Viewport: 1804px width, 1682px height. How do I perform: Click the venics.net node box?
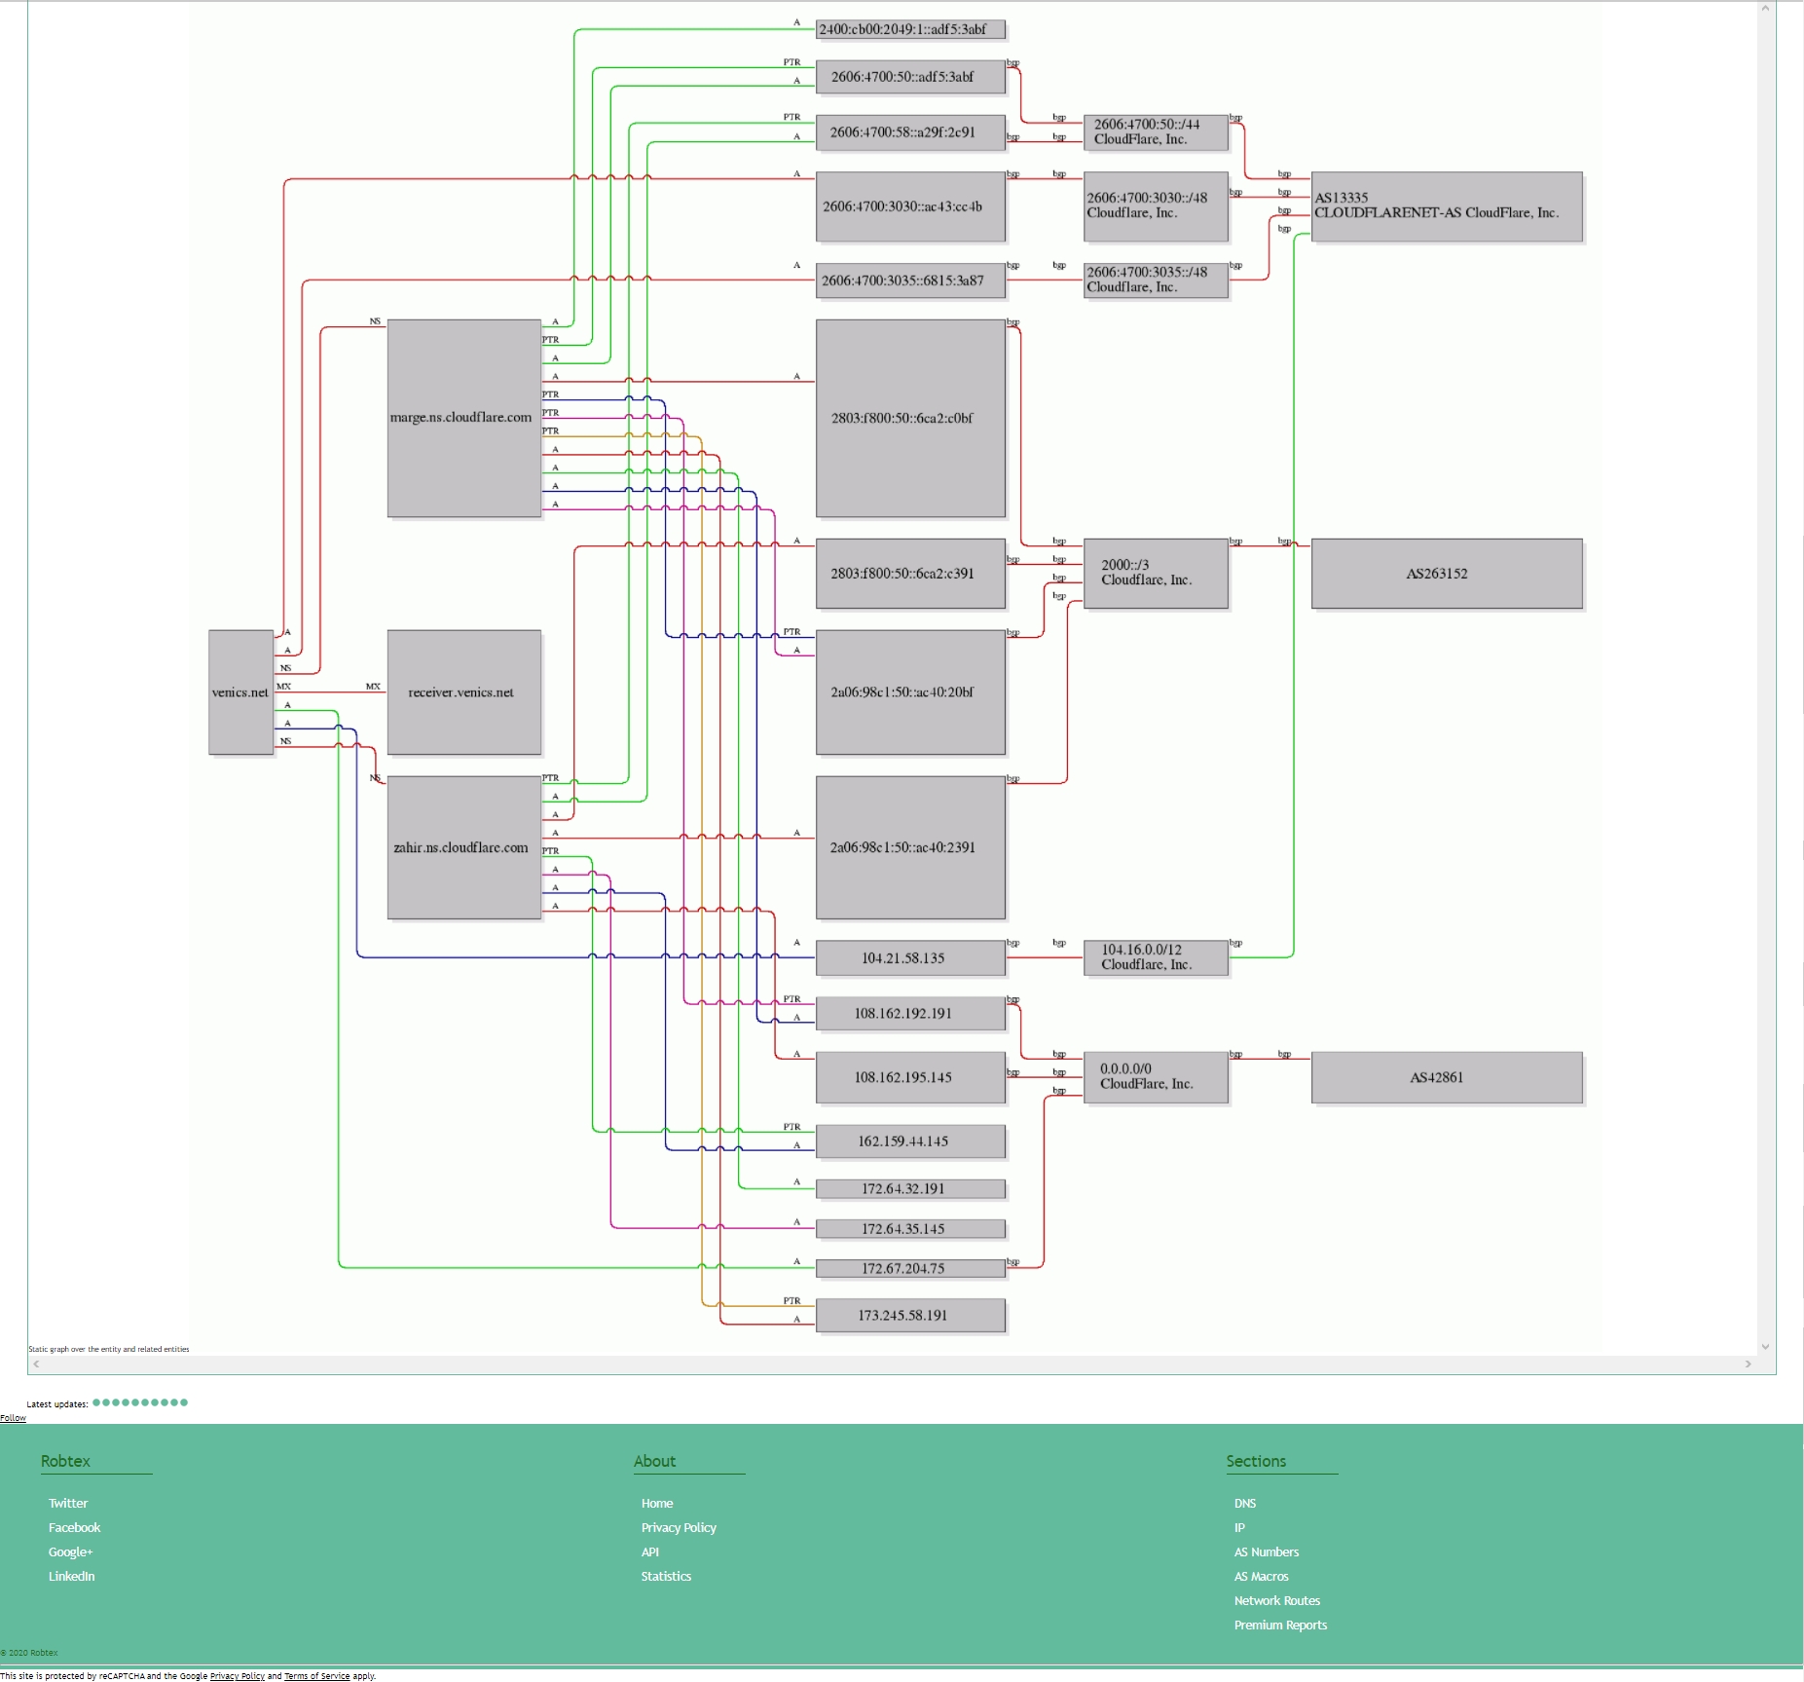point(240,692)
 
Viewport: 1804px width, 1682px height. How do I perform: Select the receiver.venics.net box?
point(463,692)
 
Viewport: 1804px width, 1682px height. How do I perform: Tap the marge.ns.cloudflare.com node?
point(463,418)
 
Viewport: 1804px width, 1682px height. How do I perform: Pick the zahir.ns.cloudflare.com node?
point(463,847)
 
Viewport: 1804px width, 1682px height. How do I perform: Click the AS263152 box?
point(1446,574)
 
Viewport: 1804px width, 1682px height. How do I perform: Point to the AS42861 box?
point(1446,1077)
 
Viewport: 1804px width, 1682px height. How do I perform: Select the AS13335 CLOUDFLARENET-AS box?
point(1446,206)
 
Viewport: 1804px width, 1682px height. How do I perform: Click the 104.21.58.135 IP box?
point(909,958)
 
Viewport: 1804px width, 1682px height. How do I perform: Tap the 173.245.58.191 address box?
point(909,1316)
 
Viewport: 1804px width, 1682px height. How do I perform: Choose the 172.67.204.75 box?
point(909,1268)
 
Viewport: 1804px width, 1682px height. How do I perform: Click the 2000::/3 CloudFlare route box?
point(1155,573)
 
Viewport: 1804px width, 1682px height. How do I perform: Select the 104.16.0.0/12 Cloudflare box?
point(1155,957)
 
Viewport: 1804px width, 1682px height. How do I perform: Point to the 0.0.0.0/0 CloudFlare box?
point(1155,1076)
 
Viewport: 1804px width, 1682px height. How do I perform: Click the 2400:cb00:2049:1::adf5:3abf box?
point(909,29)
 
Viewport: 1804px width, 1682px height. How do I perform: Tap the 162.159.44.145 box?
point(909,1141)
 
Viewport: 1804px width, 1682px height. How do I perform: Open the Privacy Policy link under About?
point(679,1527)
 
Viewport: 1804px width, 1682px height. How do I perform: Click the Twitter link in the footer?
point(68,1503)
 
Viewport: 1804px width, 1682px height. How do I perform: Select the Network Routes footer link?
point(1276,1600)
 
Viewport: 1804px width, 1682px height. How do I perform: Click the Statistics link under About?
point(666,1576)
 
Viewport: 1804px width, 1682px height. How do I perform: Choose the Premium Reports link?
point(1280,1625)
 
